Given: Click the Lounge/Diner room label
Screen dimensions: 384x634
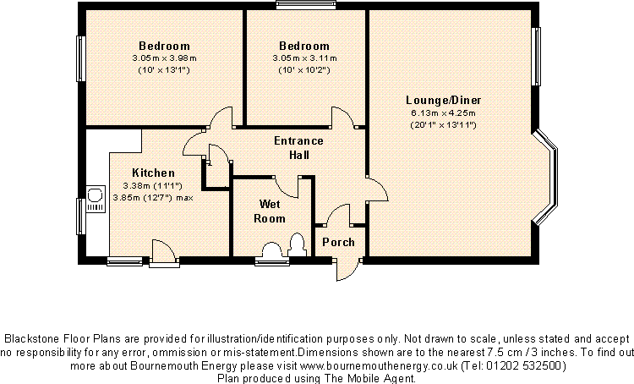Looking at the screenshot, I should click(443, 100).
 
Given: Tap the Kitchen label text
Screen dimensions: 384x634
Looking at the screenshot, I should click(154, 173).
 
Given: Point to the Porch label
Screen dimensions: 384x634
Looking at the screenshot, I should click(339, 242).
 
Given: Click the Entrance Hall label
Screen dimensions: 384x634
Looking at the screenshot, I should click(298, 147).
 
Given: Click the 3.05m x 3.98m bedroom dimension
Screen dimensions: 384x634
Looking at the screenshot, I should click(164, 58).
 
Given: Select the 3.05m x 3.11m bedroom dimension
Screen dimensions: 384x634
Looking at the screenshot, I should click(304, 58).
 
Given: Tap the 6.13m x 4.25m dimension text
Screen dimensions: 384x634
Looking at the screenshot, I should click(443, 112).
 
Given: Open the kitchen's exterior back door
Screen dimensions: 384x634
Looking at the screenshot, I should click(162, 251).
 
